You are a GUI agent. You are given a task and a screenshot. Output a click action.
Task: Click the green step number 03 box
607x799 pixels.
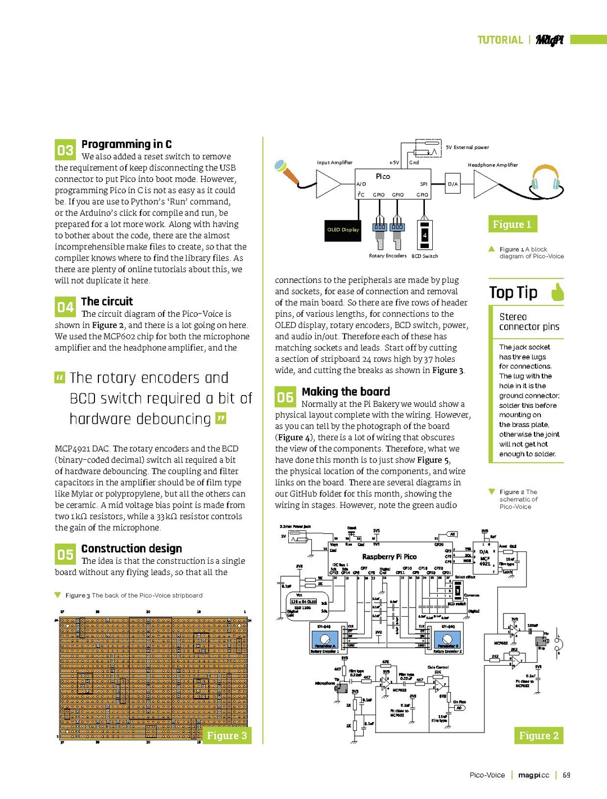coord(65,150)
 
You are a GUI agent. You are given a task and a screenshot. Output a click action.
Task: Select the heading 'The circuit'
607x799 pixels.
coord(107,302)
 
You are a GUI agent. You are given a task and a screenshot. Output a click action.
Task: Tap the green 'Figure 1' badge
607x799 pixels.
coord(512,224)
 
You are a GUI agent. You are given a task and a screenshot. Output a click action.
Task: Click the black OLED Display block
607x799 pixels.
coord(343,230)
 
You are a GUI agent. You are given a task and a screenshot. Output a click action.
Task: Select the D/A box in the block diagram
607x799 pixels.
coord(452,184)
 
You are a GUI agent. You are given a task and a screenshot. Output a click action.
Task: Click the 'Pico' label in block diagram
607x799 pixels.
coord(383,176)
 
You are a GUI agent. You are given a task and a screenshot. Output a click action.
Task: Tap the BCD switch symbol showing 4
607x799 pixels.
coord(425,235)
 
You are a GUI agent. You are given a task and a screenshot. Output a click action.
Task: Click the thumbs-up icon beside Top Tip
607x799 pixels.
coord(556,292)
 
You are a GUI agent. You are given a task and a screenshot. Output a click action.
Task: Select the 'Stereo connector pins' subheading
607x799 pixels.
coord(529,322)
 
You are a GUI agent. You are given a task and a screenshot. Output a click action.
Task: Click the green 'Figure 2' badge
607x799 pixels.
coord(538,735)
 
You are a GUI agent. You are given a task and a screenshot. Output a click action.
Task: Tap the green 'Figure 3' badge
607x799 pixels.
coord(227,735)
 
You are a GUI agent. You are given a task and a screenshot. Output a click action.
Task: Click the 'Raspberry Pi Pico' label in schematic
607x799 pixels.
coord(389,556)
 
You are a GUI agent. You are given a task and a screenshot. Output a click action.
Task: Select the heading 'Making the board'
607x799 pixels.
coord(346,392)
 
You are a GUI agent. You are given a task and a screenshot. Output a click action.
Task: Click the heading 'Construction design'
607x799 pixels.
coord(132,549)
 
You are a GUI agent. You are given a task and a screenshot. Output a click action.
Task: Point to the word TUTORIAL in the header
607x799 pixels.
coord(500,40)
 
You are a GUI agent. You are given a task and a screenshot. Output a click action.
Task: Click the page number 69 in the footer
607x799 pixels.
coord(567,775)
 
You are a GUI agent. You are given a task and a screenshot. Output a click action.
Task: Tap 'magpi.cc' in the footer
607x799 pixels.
coord(533,775)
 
